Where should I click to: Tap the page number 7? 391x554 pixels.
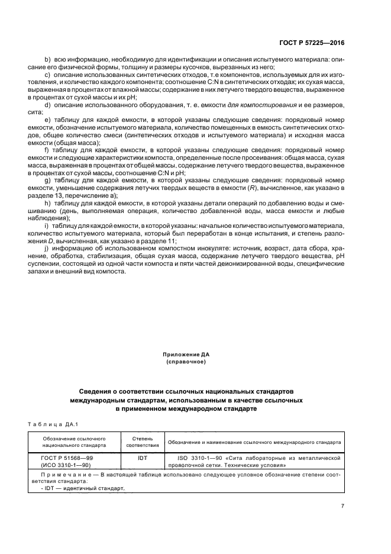click(343, 505)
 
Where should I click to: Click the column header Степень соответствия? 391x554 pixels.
click(141, 442)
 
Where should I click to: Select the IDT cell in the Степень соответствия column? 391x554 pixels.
click(141, 458)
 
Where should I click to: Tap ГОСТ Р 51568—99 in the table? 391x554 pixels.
click(72, 458)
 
